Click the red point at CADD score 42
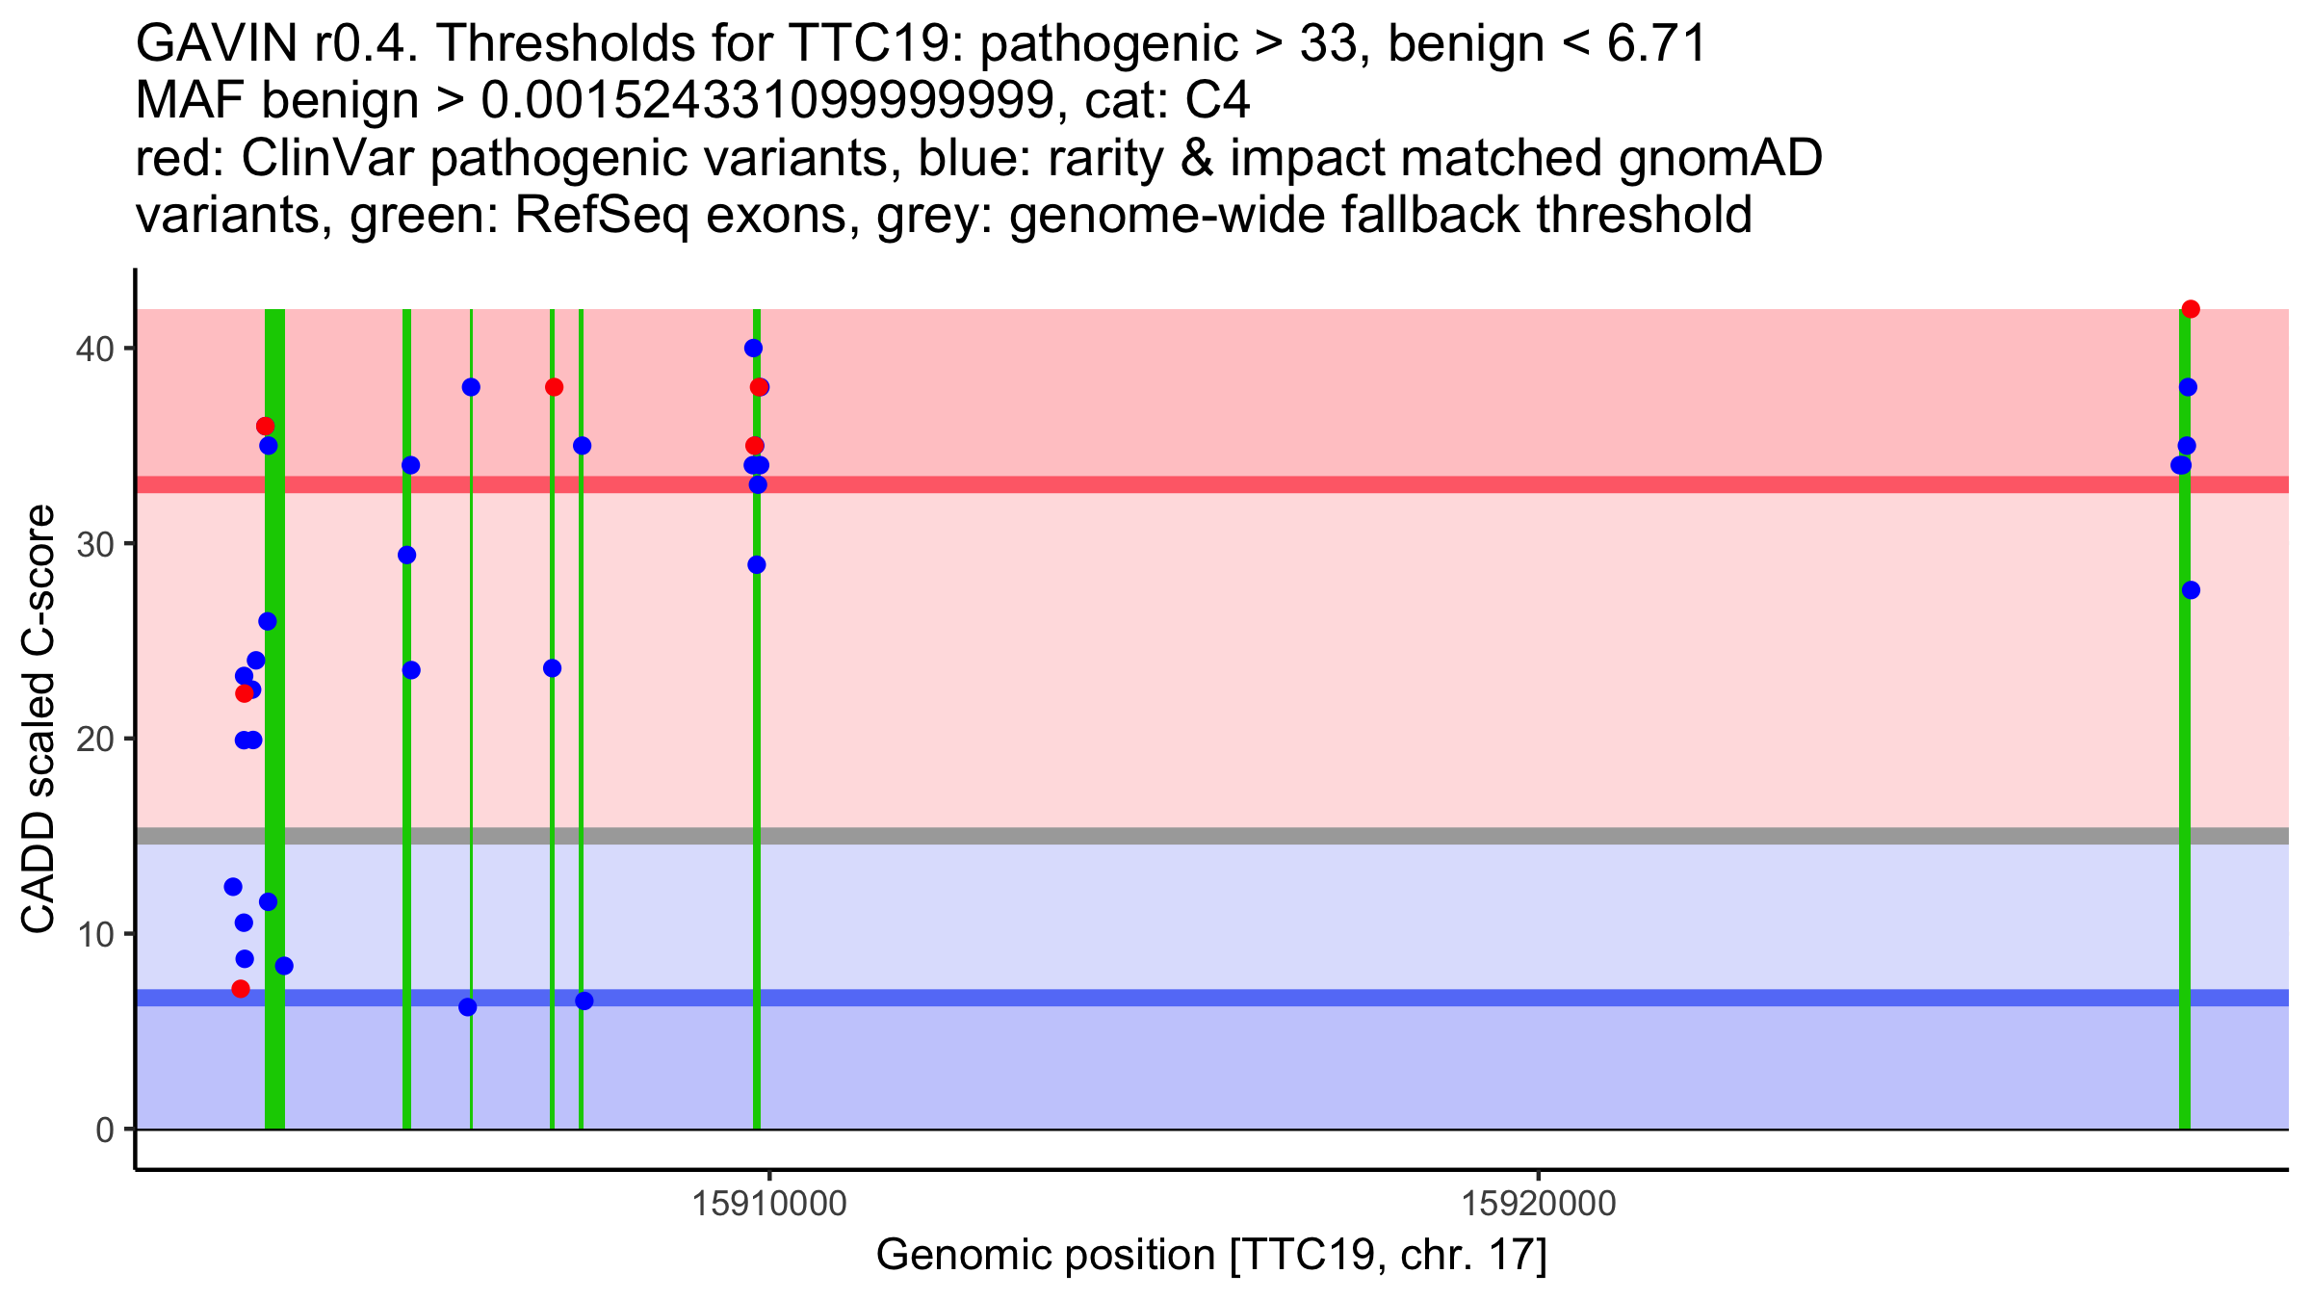pyautogui.click(x=2191, y=309)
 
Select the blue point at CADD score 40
pyautogui.click(x=753, y=348)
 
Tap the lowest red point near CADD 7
pyautogui.click(x=241, y=989)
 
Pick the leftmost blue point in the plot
pyautogui.click(x=233, y=887)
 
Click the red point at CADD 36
pyautogui.click(x=265, y=426)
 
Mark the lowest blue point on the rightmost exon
pyautogui.click(x=2191, y=590)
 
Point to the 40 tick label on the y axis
pyautogui.click(x=93, y=349)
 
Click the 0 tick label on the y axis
pyautogui.click(x=104, y=1130)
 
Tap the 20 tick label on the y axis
pyautogui.click(x=93, y=740)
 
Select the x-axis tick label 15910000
pyautogui.click(x=769, y=1204)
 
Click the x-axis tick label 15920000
pyautogui.click(x=1539, y=1204)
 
